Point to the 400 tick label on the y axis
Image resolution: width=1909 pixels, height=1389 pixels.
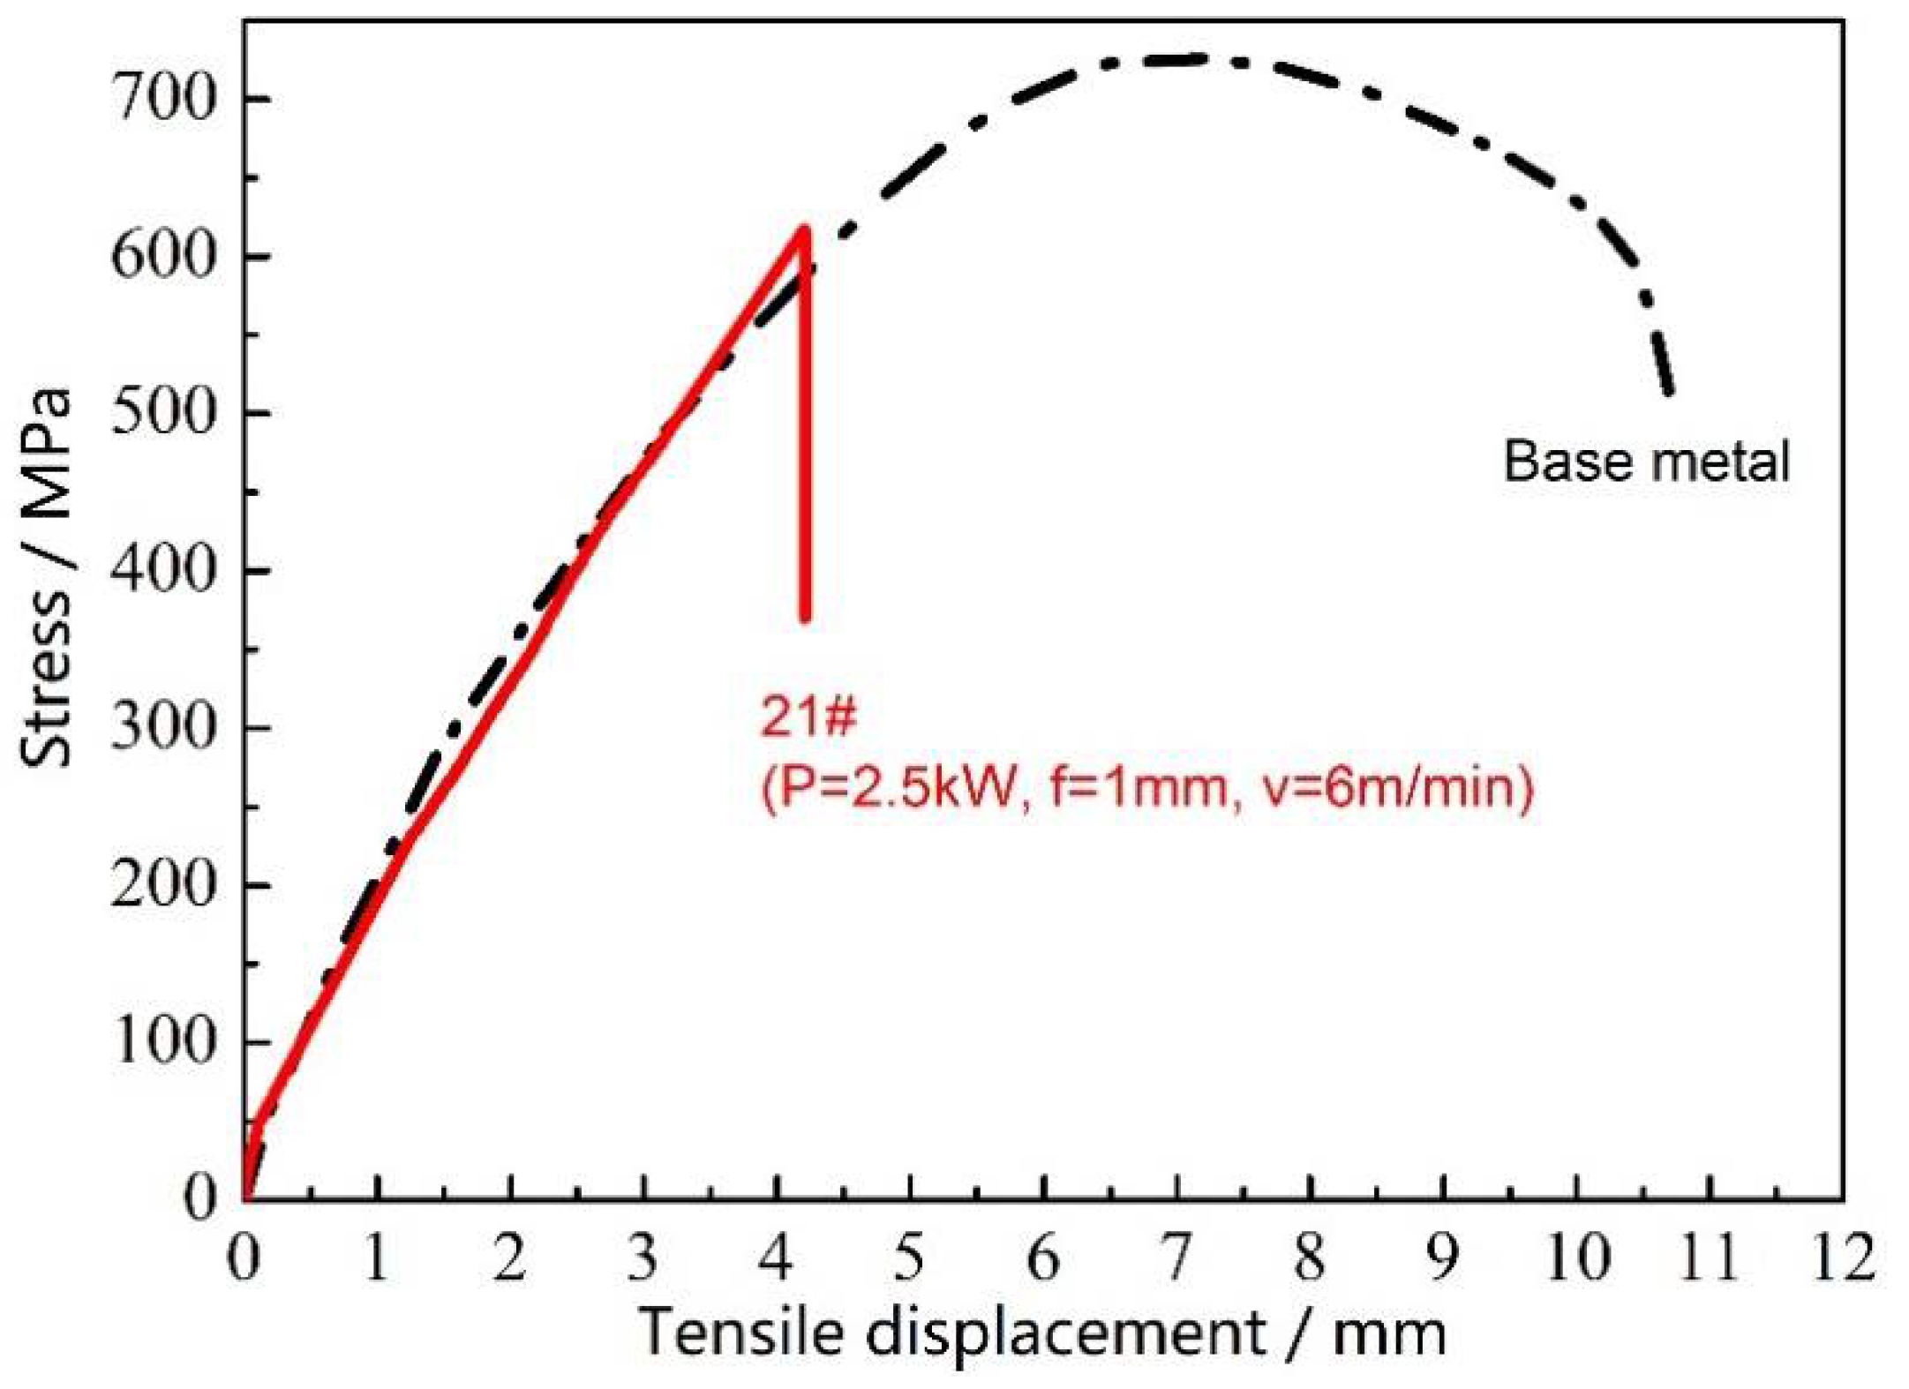click(x=163, y=570)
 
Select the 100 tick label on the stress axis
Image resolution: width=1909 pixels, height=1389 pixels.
click(x=163, y=1041)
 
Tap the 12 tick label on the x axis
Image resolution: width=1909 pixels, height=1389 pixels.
click(x=1843, y=1257)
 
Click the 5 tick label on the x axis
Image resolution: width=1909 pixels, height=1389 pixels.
click(x=909, y=1257)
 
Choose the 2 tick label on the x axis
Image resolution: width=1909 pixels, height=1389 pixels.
click(x=510, y=1257)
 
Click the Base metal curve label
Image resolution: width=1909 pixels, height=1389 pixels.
click(x=1646, y=461)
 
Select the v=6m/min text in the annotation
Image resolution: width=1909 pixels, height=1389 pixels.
click(x=1399, y=785)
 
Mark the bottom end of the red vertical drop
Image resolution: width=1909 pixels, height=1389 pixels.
click(x=805, y=618)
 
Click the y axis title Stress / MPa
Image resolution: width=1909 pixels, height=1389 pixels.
click(x=46, y=578)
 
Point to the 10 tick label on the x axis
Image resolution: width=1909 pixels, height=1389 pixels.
click(x=1577, y=1257)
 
